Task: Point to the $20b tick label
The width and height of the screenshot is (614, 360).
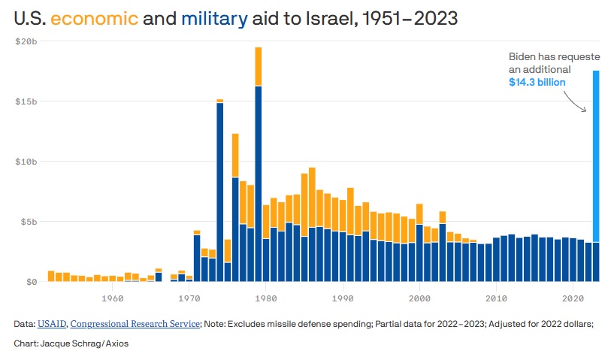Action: pyautogui.click(x=26, y=41)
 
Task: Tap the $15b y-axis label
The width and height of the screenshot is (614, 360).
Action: pyautogui.click(x=26, y=101)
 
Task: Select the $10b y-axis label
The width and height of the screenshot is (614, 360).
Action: pyautogui.click(x=26, y=161)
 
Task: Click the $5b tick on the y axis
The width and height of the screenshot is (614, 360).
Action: pyautogui.click(x=29, y=221)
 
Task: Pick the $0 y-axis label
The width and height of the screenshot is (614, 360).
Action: pyautogui.click(x=31, y=281)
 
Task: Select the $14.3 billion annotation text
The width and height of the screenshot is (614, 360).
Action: pyautogui.click(x=537, y=82)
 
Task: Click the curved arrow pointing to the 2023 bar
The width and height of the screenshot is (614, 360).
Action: pyautogui.click(x=576, y=101)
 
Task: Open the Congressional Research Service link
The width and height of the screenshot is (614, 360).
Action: pyautogui.click(x=135, y=324)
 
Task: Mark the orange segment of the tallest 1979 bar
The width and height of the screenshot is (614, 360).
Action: pyautogui.click(x=258, y=66)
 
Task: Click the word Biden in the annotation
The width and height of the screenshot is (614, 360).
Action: pyautogui.click(x=525, y=56)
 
